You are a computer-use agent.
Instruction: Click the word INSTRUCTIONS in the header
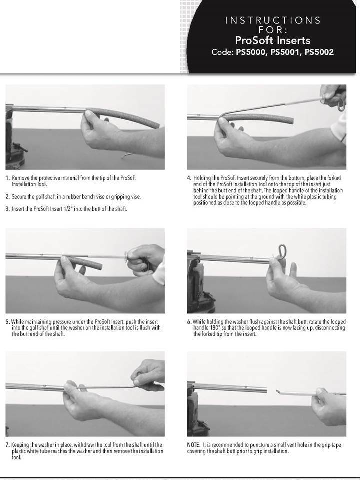[x=273, y=20]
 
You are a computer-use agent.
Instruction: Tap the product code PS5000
[x=252, y=52]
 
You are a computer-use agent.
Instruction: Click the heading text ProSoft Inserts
[x=273, y=40]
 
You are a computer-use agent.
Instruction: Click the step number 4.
[x=189, y=178]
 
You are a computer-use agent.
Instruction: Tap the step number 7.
[x=8, y=445]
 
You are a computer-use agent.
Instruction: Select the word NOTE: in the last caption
[x=194, y=445]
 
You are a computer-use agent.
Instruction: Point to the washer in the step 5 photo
[x=126, y=256]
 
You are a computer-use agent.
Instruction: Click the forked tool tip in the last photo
[x=278, y=391]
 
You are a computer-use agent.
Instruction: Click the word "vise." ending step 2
[x=136, y=197]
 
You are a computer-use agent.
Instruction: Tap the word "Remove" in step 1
[x=21, y=178]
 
